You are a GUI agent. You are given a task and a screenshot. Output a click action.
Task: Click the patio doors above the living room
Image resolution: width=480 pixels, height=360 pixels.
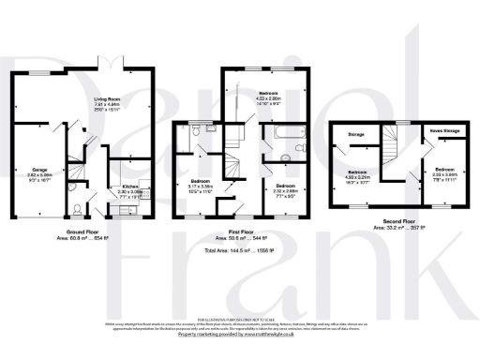tap(110, 67)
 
